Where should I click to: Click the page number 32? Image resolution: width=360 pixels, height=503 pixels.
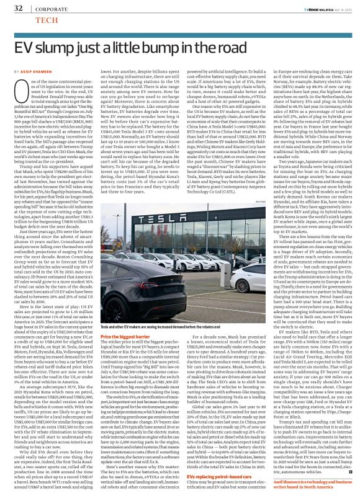click(18, 8)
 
